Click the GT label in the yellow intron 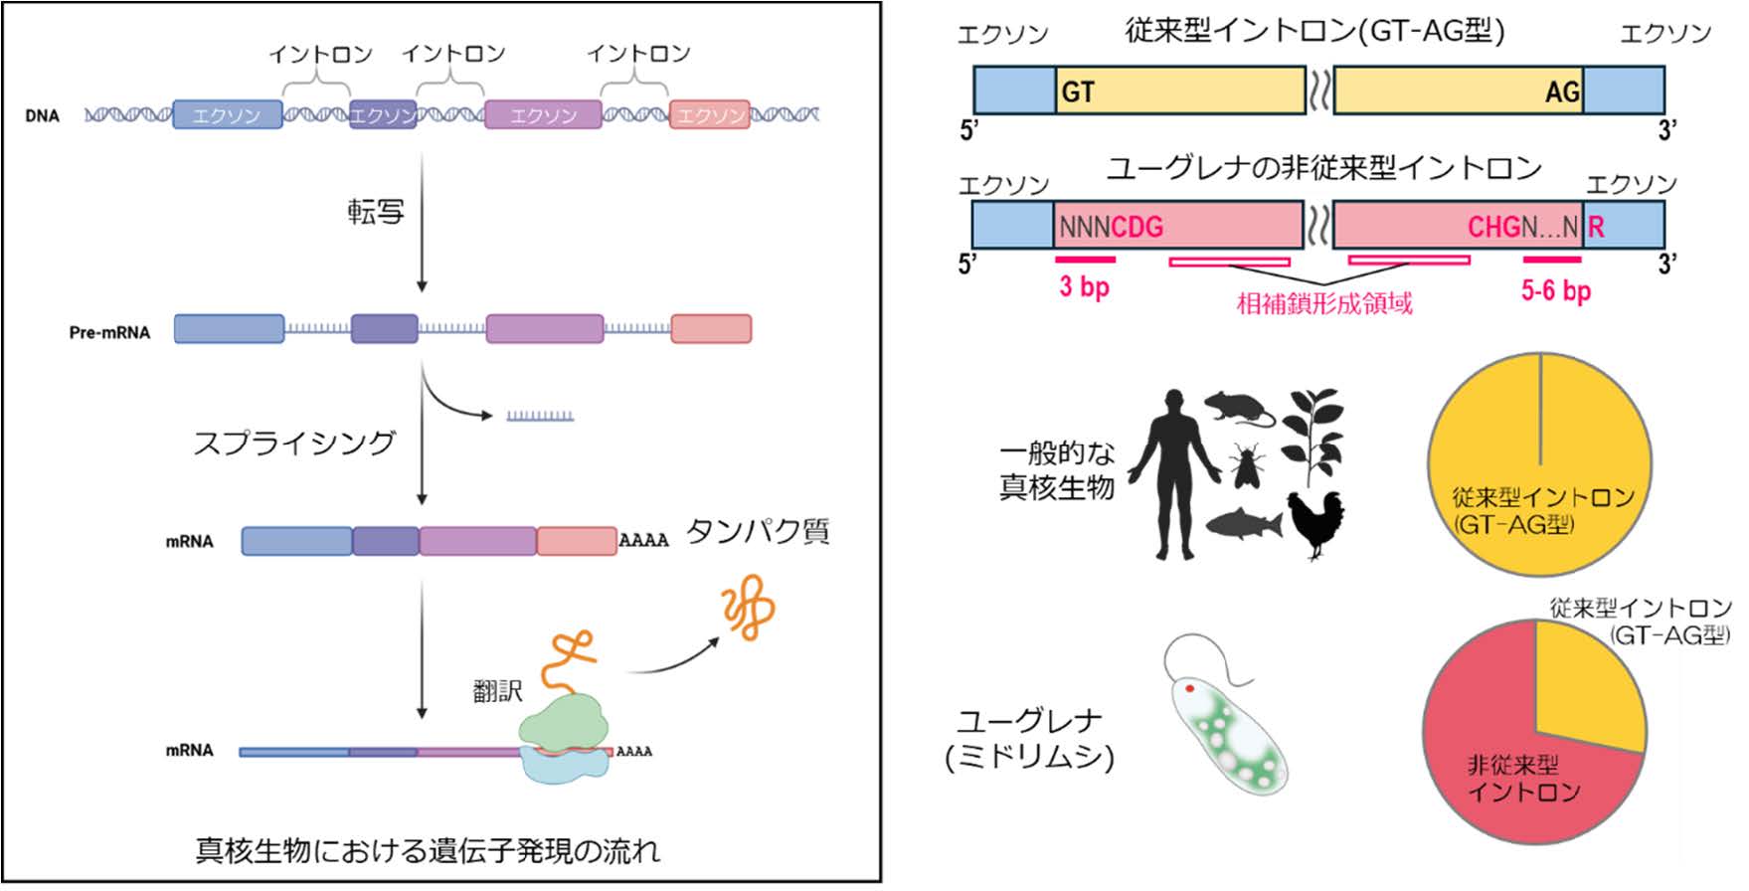[x=1078, y=92]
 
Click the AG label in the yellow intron [x=1562, y=92]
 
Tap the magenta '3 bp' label [x=1084, y=287]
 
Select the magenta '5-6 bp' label [x=1556, y=290]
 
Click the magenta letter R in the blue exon [x=1596, y=227]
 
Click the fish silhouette [x=1243, y=523]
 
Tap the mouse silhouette [x=1239, y=408]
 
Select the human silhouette [x=1174, y=473]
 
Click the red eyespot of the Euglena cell [x=1189, y=688]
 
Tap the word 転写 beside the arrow [x=376, y=212]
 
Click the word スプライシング [x=294, y=442]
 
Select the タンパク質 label [x=758, y=532]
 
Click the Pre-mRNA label [x=109, y=332]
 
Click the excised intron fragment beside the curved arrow [x=540, y=416]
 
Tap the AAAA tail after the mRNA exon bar [x=643, y=541]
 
